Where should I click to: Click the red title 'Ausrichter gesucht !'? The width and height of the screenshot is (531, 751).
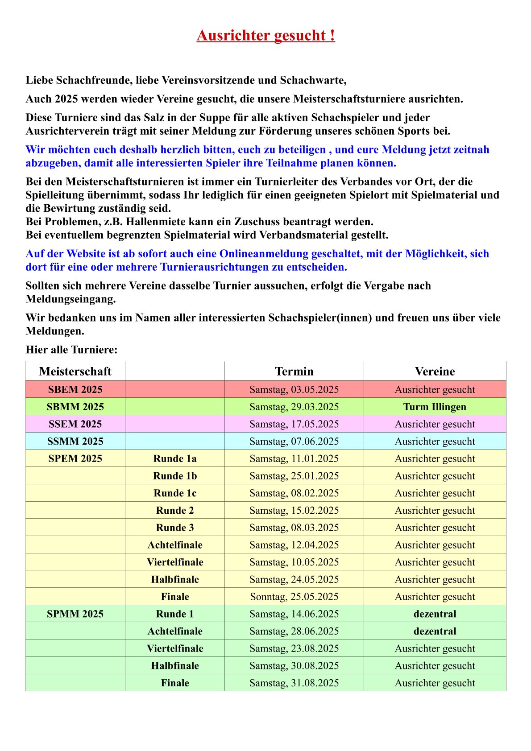(x=265, y=35)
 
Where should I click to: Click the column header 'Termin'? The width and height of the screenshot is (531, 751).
(x=294, y=371)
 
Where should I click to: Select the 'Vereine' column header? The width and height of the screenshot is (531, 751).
(x=435, y=371)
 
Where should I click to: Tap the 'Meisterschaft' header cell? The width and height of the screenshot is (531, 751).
(x=75, y=371)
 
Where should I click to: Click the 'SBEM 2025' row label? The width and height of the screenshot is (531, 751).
(x=75, y=389)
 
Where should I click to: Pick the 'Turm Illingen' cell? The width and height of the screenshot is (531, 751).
(x=435, y=407)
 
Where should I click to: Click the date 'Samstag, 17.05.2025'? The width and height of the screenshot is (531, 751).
(x=294, y=424)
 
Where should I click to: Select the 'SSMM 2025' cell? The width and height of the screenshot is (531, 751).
(x=75, y=442)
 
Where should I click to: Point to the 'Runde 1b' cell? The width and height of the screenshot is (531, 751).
(x=175, y=476)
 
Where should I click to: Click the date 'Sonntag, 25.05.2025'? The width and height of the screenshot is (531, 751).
(x=294, y=597)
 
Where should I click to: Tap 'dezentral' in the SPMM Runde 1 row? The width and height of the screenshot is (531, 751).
(x=435, y=614)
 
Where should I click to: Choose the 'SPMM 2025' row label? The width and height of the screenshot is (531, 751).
(x=75, y=614)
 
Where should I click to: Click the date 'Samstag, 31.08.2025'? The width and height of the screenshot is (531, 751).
(x=294, y=683)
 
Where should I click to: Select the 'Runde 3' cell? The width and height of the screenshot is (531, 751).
(x=175, y=528)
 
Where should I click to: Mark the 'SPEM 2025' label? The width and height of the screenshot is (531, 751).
(x=75, y=458)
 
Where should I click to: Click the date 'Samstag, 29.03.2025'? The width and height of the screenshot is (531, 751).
(x=294, y=407)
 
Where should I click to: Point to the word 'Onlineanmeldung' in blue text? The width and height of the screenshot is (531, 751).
(x=264, y=254)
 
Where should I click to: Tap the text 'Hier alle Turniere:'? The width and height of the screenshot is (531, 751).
(x=71, y=350)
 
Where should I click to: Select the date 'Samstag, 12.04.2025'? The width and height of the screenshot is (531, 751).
(x=294, y=545)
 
